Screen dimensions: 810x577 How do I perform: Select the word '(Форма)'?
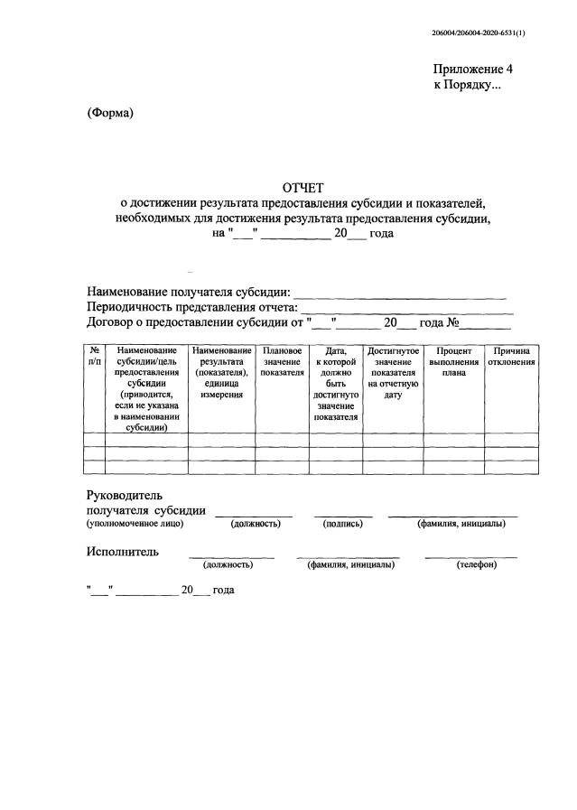point(110,113)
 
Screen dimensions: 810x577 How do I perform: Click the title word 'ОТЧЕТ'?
point(302,189)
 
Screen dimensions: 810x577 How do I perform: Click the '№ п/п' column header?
point(94,355)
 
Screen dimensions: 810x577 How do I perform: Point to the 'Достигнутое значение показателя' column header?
point(393,371)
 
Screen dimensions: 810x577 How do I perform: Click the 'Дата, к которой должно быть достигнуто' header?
point(336,383)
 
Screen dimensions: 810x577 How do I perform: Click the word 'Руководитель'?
point(124,496)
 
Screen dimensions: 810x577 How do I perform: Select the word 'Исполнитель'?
point(123,551)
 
